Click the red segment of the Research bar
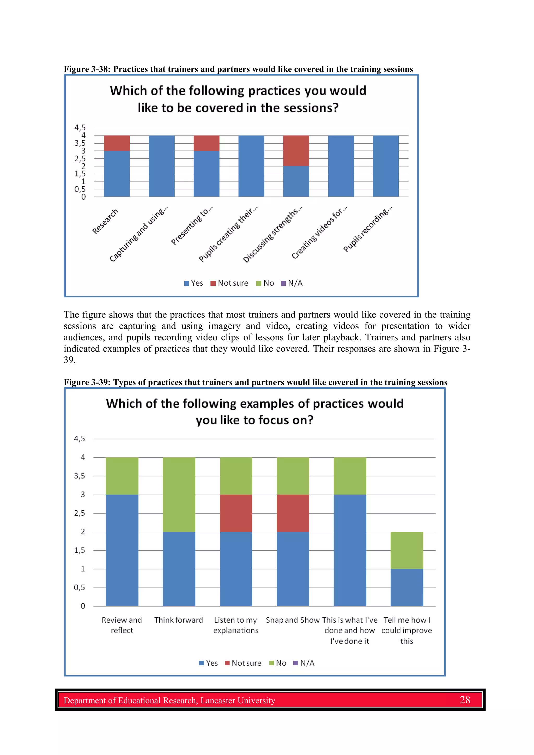(x=117, y=143)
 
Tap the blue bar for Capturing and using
(x=162, y=166)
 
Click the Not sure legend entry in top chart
(x=229, y=283)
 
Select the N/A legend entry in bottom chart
(x=304, y=663)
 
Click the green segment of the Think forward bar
(x=179, y=494)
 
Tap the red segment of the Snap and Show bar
(x=293, y=513)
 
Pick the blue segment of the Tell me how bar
(x=407, y=587)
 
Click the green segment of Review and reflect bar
(x=122, y=476)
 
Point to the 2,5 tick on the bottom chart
(x=79, y=513)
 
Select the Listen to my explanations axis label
(x=235, y=625)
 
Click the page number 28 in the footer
(x=465, y=700)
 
